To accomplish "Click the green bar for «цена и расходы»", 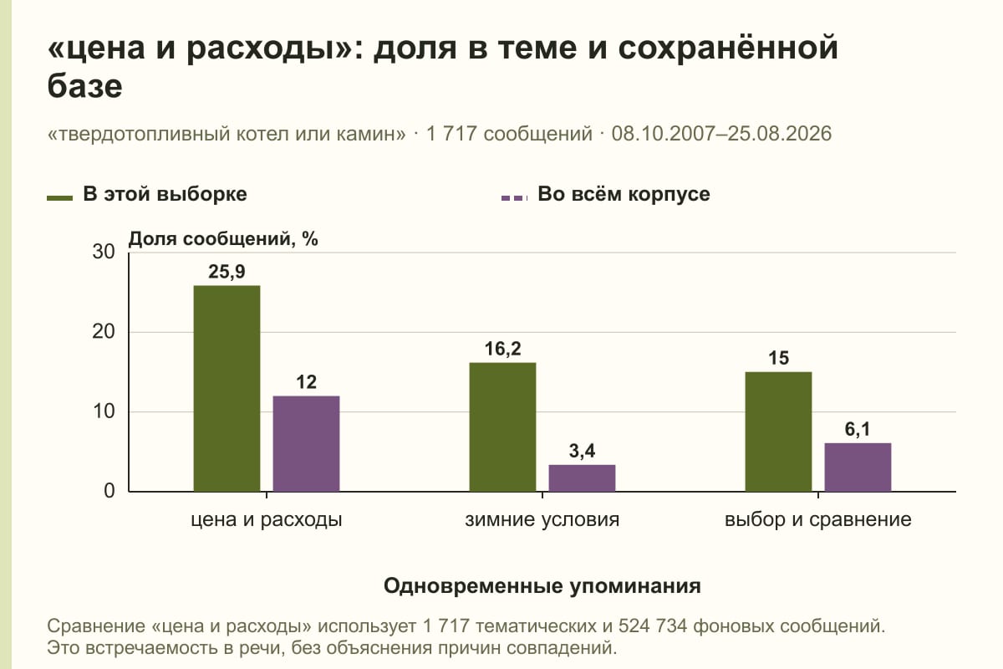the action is coord(227,389).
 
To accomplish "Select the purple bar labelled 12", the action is coord(306,443).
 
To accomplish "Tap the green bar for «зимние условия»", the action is coord(502,427).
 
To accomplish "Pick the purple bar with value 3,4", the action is coord(582,478).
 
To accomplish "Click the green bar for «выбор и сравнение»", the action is coord(779,432).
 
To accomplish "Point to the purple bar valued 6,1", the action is coord(858,467).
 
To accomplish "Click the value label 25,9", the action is coord(227,272).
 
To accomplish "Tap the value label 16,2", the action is coord(503,349).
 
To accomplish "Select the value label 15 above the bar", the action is coord(779,358).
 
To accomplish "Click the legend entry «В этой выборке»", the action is coord(147,195).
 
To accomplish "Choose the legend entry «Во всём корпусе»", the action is coord(606,195).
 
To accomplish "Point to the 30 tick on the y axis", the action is coord(104,252).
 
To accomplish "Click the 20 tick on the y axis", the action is coord(104,332).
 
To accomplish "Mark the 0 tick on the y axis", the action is coord(109,491).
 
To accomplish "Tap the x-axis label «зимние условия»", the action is coord(542,520).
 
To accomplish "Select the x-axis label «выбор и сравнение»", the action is coord(818,520).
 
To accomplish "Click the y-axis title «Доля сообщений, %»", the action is coord(223,239).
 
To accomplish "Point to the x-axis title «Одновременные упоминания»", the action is coord(542,586).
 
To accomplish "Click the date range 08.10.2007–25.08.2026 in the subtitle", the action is coord(721,134).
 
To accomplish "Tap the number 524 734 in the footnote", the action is coord(653,626).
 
